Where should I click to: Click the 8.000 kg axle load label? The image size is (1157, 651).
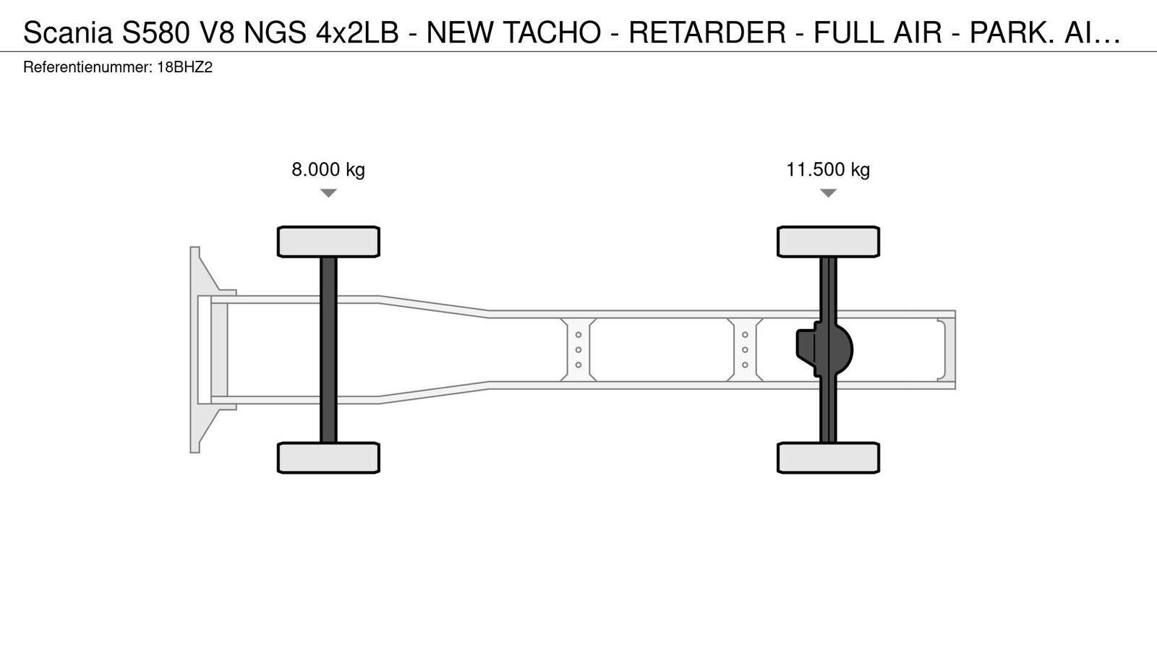click(328, 169)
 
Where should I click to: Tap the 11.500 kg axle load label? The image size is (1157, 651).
click(828, 169)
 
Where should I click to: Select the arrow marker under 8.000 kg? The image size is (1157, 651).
click(328, 193)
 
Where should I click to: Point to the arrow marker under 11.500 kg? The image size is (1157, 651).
click(828, 193)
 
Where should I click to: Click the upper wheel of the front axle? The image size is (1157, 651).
click(328, 242)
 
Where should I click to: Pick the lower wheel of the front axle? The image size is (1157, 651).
click(328, 458)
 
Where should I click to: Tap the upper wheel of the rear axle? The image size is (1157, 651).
click(829, 242)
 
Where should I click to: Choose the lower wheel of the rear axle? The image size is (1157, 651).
click(829, 458)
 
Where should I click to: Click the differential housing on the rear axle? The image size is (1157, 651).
click(825, 350)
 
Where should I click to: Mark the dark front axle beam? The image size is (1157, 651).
click(328, 350)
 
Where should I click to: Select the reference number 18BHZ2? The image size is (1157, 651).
click(184, 68)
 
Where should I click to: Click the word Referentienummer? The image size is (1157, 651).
click(87, 68)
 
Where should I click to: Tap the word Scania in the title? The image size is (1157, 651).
click(68, 33)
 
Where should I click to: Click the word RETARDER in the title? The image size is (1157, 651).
click(707, 33)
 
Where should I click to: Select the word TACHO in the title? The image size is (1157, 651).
click(552, 33)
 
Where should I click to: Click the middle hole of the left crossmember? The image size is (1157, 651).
click(578, 350)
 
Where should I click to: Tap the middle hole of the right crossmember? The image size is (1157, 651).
click(745, 350)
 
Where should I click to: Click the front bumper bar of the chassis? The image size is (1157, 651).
click(195, 350)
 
